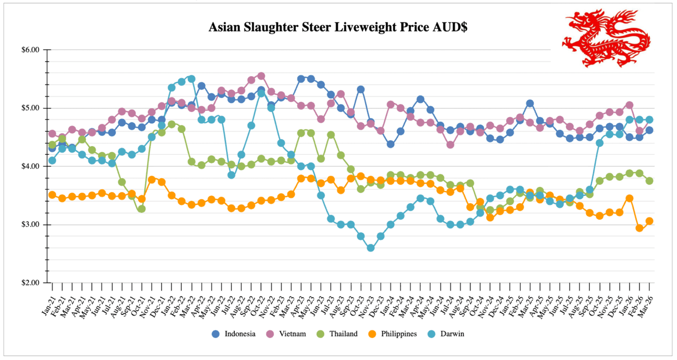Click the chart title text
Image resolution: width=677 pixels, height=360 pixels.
(x=338, y=27)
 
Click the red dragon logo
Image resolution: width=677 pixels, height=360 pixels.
(x=606, y=38)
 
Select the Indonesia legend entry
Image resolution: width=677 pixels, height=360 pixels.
(x=234, y=334)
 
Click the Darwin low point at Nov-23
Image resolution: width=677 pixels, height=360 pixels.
(x=371, y=248)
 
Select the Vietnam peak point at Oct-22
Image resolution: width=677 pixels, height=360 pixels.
(x=261, y=76)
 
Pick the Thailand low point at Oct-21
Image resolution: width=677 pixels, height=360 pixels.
(x=142, y=209)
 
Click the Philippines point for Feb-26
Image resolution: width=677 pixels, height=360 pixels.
(x=639, y=228)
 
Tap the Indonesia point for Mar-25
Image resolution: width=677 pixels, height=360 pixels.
(x=530, y=103)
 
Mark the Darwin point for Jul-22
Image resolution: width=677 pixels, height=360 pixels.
(x=231, y=175)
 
